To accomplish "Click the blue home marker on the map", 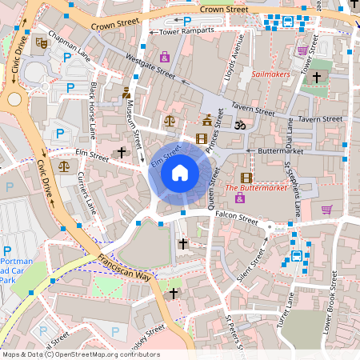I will coord(180,173).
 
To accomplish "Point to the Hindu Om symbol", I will coord(238,125).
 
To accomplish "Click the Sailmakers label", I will coord(270,74).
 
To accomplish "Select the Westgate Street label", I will coord(150,64).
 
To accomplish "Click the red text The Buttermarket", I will coord(256,189).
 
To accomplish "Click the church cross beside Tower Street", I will coord(317,77).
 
